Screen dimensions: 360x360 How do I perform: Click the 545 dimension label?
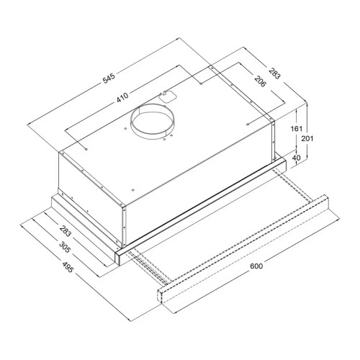pos(109,78)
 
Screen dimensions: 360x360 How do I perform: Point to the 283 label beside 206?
pos(274,73)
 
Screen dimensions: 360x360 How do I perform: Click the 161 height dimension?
pos(297,129)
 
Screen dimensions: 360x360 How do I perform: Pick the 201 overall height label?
pos(307,138)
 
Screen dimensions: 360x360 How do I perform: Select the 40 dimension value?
pos(297,158)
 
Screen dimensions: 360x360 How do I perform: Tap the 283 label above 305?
pos(66,230)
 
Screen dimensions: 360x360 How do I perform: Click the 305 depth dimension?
pos(65,247)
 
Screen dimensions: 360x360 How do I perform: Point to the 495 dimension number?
pos(68,267)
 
